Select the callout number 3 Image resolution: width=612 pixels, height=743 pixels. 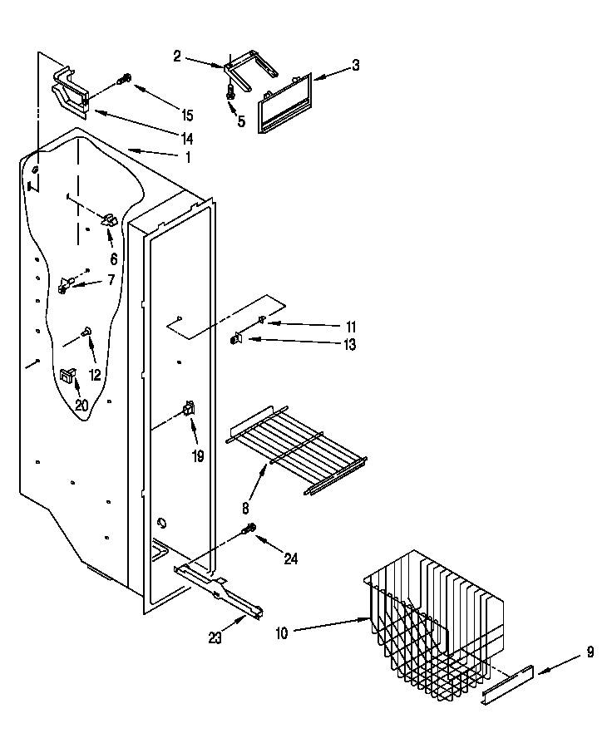point(355,66)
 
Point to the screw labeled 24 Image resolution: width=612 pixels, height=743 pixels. point(249,529)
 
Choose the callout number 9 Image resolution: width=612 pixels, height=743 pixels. point(590,652)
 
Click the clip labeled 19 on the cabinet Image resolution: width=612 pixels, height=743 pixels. point(189,410)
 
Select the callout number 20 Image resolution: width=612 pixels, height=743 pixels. point(81,405)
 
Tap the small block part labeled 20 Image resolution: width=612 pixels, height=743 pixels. point(66,376)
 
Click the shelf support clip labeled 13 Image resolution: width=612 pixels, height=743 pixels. point(236,337)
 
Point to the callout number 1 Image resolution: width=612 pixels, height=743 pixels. point(188,157)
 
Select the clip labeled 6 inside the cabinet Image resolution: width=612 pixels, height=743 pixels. point(108,221)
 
